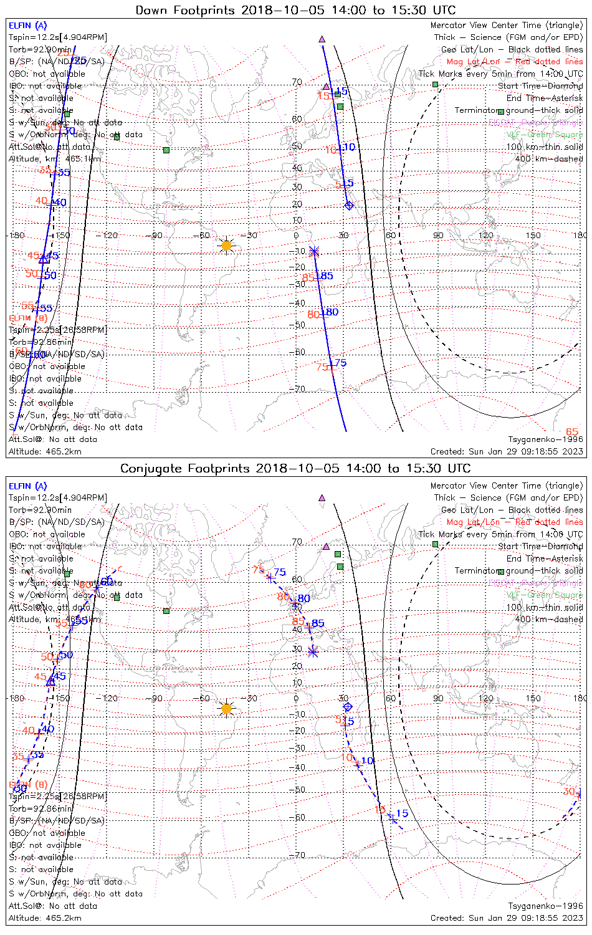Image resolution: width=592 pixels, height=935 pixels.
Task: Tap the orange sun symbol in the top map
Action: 226,246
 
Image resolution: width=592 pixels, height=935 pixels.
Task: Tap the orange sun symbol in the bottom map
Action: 226,709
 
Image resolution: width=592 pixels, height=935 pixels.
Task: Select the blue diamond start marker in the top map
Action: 349,205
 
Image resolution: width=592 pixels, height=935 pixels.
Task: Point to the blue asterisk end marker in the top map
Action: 314,251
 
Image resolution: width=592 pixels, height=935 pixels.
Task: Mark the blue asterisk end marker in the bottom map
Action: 313,651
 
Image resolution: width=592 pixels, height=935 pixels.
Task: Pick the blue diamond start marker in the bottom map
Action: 348,706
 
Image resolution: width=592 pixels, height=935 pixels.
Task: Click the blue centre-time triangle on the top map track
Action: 44,259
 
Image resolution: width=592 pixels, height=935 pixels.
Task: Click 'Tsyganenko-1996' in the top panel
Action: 545,439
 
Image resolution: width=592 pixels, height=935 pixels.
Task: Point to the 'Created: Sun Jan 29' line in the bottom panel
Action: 506,918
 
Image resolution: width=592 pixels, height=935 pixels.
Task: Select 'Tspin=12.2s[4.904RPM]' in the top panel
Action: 57,37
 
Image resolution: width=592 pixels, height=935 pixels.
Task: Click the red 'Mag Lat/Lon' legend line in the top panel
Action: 514,62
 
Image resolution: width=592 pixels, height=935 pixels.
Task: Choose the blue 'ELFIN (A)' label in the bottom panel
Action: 28,486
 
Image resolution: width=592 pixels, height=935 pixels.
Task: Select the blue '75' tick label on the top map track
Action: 340,363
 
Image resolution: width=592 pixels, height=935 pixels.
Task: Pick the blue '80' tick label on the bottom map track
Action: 303,598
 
